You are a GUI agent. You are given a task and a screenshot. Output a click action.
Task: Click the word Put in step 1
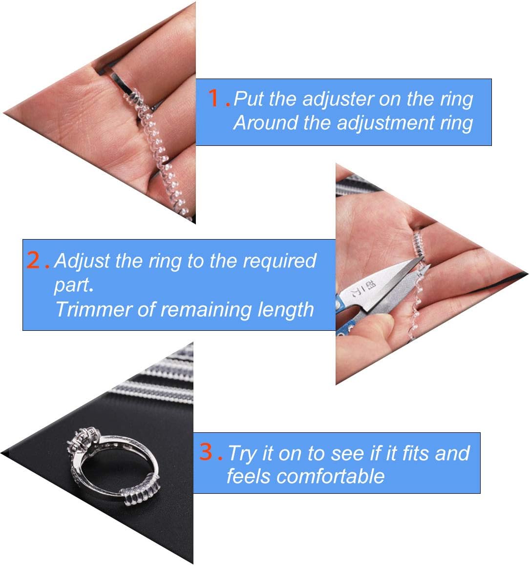pos(249,99)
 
